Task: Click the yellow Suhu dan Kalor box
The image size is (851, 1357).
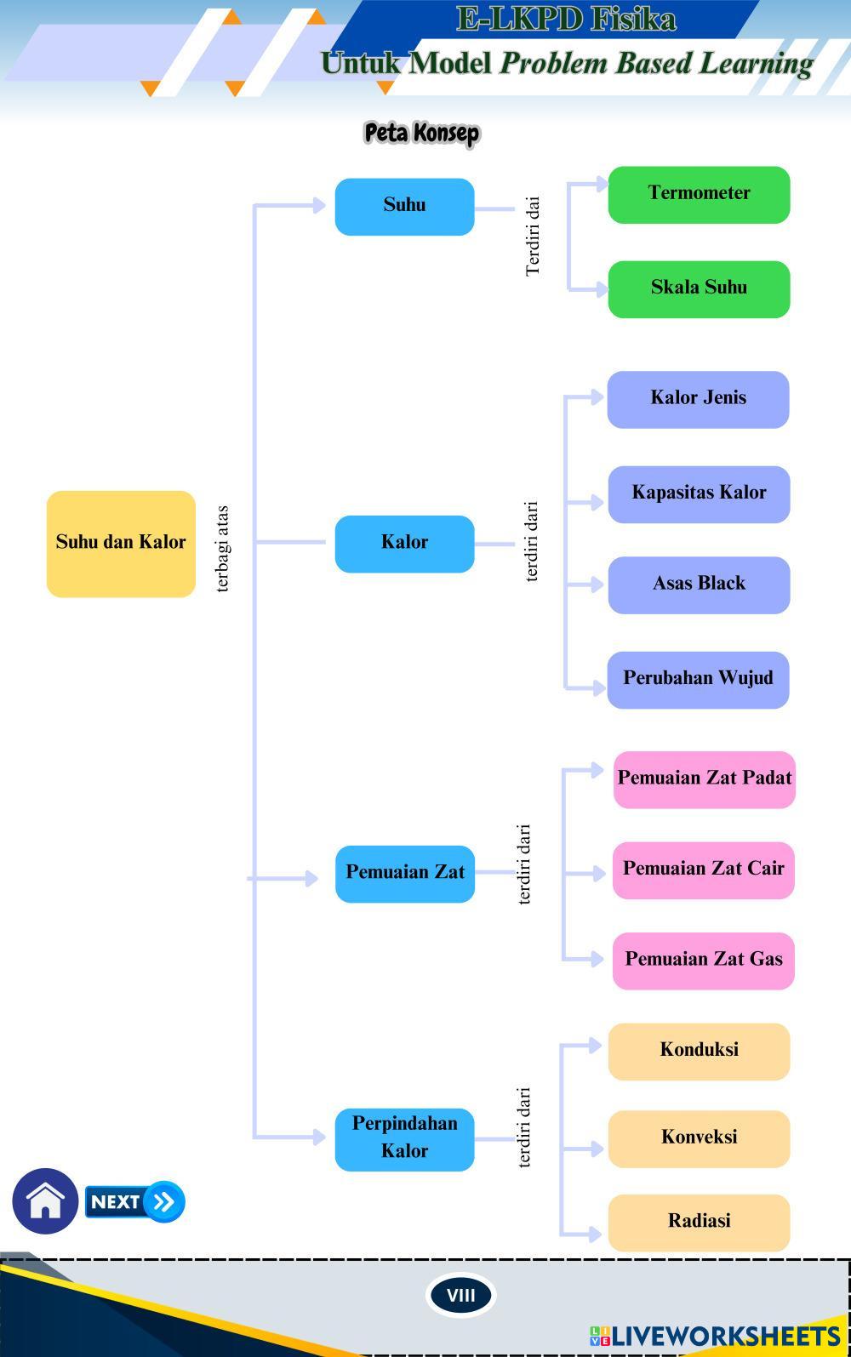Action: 121,544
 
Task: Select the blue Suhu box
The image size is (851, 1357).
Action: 404,207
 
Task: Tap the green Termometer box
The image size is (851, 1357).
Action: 699,195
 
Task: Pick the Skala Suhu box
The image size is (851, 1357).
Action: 699,289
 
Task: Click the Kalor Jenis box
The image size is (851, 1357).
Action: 698,399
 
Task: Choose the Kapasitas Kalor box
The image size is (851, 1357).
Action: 699,493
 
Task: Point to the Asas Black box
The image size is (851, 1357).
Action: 699,584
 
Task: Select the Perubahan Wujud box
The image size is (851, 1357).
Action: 698,680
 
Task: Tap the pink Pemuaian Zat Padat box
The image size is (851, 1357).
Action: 705,779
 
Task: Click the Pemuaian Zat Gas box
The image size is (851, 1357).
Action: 704,961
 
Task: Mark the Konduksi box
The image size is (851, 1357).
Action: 699,1052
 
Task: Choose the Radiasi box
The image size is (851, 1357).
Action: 699,1223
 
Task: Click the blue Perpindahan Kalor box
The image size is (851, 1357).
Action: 404,1138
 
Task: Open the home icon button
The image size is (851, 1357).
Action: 45,1201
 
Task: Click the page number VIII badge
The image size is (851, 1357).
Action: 460,1295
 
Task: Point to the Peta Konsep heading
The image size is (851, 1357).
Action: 422,134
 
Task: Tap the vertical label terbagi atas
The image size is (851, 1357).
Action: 222,549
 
